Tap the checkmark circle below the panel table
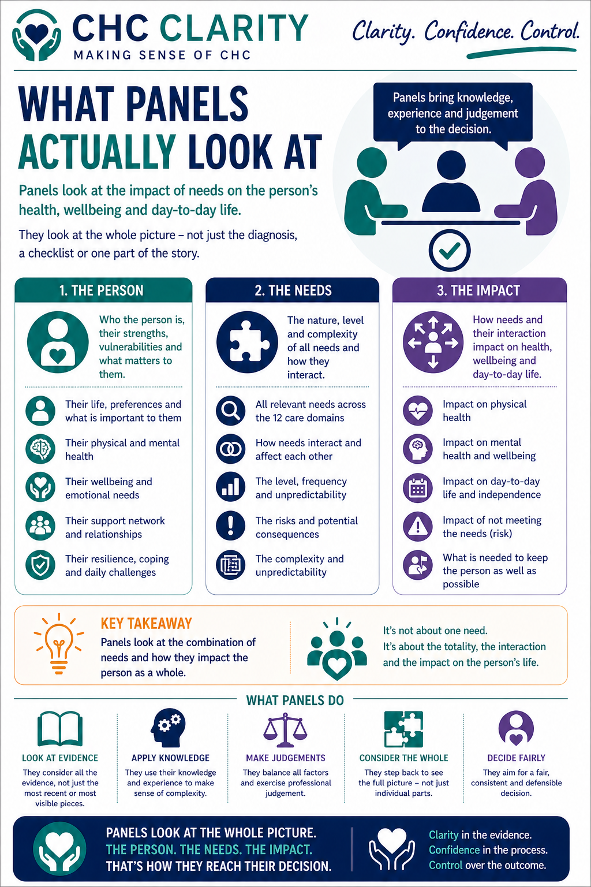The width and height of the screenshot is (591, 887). tap(450, 250)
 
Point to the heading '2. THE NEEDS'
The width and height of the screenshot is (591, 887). tap(293, 290)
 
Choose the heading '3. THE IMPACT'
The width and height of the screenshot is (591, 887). tap(478, 290)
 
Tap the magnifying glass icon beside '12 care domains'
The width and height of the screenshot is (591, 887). tap(230, 411)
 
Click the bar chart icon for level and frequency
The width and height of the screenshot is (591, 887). tap(230, 487)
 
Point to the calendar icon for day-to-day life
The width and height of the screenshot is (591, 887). tap(417, 488)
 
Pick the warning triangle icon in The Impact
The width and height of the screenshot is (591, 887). tap(417, 526)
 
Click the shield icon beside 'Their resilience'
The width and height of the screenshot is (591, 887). tap(40, 564)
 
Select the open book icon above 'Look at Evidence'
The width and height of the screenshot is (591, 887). tap(60, 729)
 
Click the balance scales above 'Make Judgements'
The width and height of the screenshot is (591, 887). tap(285, 730)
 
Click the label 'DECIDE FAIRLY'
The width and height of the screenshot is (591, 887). tap(516, 758)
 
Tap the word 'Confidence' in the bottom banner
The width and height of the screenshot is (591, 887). tap(454, 850)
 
